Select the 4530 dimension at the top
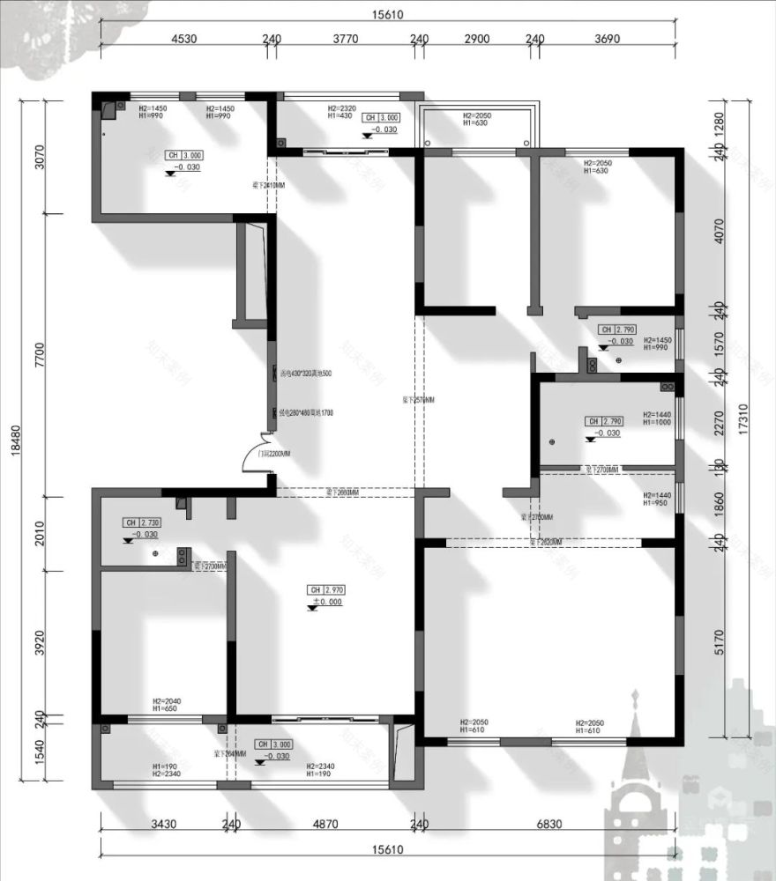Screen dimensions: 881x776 (183, 39)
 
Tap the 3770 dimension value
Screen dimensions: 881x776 (345, 39)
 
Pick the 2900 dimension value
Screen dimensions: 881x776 (476, 39)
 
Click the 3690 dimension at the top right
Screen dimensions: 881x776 (608, 39)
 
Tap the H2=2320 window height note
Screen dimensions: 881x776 (340, 107)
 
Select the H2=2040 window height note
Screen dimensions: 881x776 (166, 700)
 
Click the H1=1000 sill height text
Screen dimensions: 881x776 (657, 423)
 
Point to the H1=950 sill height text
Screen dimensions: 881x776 (657, 505)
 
